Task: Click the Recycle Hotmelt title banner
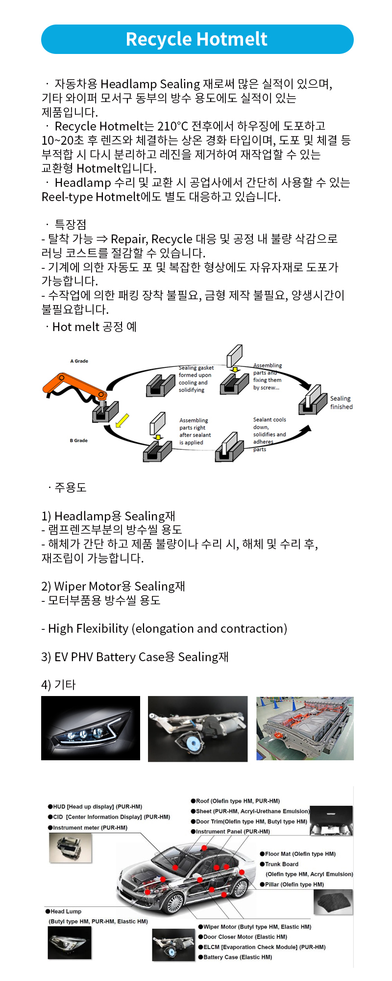click(x=197, y=39)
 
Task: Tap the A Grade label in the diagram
click(x=79, y=361)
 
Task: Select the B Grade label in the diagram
click(x=78, y=440)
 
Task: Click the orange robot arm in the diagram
click(x=73, y=385)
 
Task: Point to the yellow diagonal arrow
click(x=122, y=420)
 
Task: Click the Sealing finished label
click(x=341, y=403)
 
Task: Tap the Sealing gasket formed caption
click(x=196, y=379)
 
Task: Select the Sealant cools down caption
click(x=269, y=434)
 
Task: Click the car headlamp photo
click(x=91, y=728)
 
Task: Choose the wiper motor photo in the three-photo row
click(x=197, y=728)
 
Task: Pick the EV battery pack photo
click(x=305, y=728)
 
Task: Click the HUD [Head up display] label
click(x=95, y=806)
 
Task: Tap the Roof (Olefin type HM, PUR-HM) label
click(x=236, y=801)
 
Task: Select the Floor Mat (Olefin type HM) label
click(x=298, y=854)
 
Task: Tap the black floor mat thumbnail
click(x=333, y=902)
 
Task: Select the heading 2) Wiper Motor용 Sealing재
click(x=113, y=586)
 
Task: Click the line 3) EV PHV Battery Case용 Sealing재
click(x=135, y=657)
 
